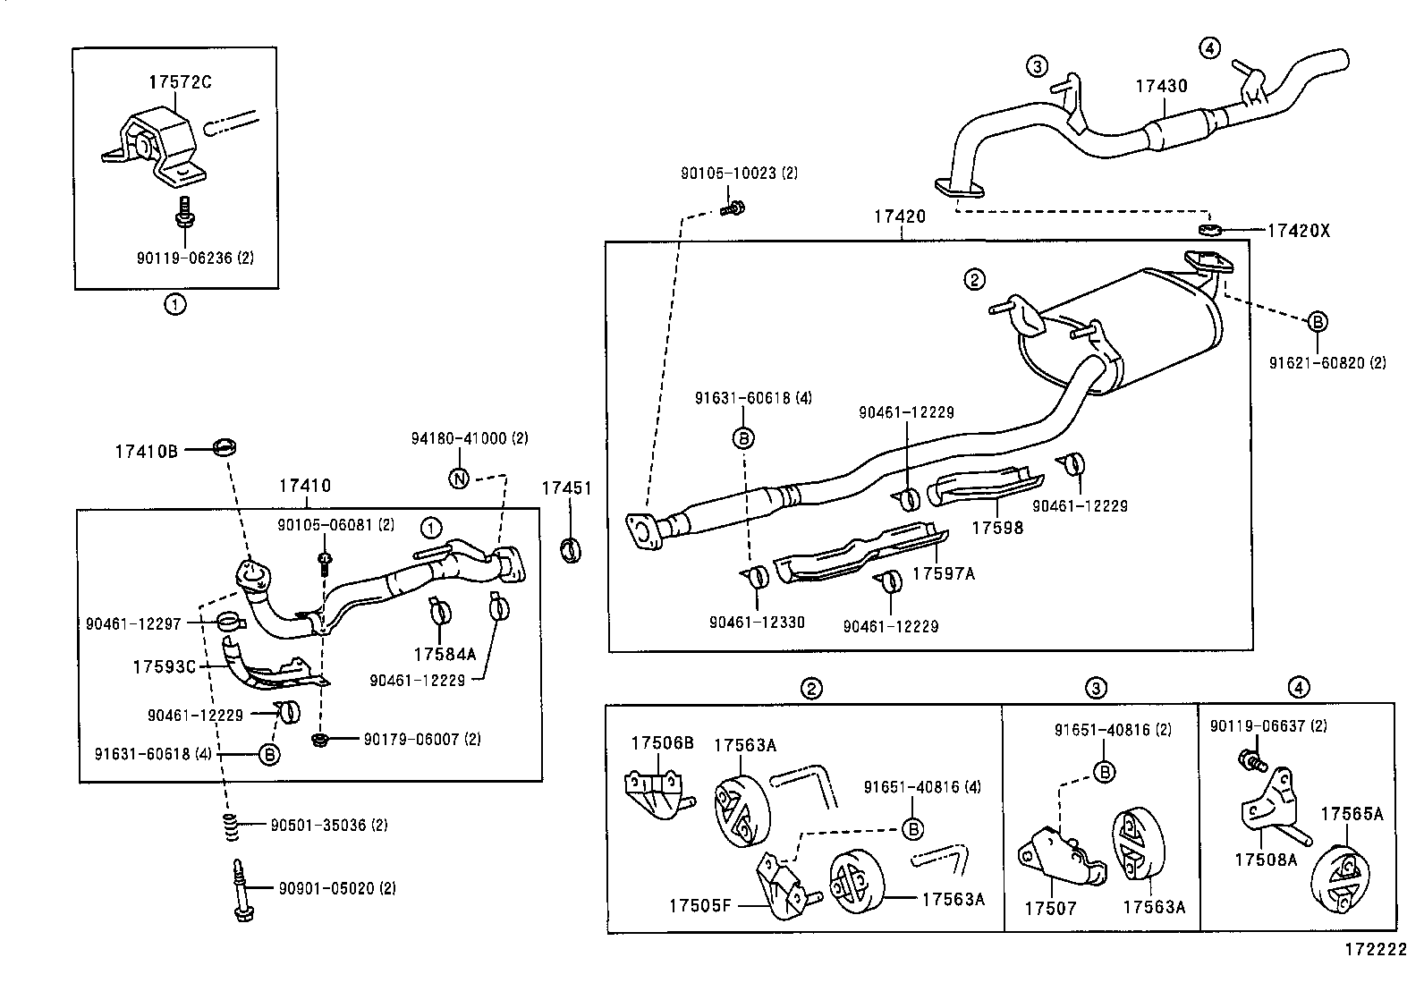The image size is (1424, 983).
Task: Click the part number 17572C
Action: pos(180,82)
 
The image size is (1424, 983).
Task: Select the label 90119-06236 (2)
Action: pos(195,258)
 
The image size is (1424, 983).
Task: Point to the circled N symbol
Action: pos(458,478)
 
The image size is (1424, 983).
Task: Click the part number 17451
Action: pos(566,487)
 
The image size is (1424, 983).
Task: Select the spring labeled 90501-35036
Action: pos(230,827)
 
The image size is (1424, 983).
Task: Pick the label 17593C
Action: pos(164,667)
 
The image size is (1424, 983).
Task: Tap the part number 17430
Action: pos(1161,87)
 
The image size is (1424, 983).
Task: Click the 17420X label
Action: pos(1299,231)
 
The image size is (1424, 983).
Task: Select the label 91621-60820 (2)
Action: pos(1327,363)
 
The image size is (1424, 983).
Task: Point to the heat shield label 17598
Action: pos(997,528)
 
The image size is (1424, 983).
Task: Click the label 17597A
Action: pos(944,574)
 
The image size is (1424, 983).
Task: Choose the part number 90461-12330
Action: pos(757,623)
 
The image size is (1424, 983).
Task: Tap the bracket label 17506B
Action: pos(662,742)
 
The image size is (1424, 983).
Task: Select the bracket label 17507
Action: pos(1050,909)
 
